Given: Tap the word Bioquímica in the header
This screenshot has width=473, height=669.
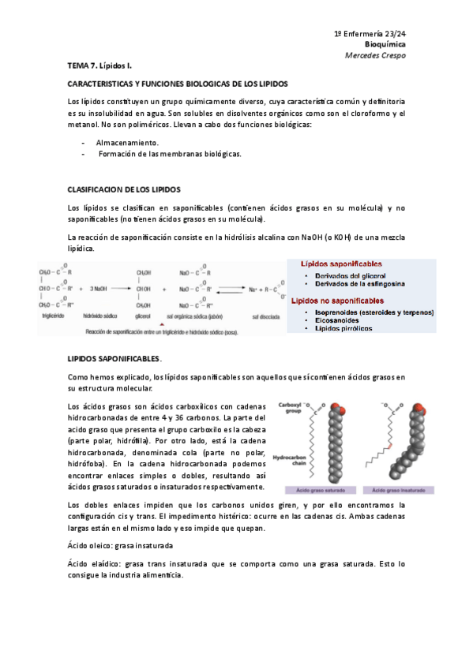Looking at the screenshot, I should pyautogui.click(x=385, y=46).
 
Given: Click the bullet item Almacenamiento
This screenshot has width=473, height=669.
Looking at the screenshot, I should pyautogui.click(x=127, y=143).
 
